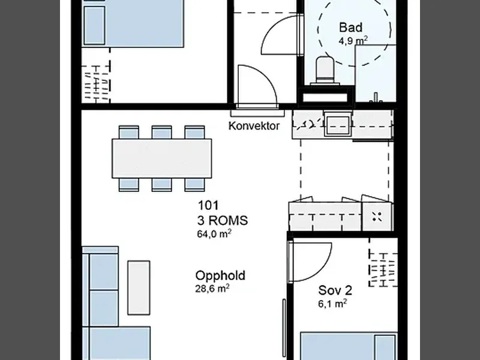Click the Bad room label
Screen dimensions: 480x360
coord(350,27)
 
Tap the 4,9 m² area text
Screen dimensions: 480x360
coord(353,41)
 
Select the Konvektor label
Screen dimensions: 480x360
coord(254,126)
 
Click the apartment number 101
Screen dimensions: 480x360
coord(208,205)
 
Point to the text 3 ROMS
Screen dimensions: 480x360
coord(223,220)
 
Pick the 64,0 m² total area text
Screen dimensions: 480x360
coord(214,233)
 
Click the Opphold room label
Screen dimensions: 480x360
coord(220,275)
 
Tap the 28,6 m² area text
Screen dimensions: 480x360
coord(212,289)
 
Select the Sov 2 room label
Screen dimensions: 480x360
coord(335,290)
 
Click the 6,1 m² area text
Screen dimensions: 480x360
coord(332,304)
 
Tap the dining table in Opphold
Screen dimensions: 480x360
coord(161,158)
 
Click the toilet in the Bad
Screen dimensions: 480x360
coord(325,71)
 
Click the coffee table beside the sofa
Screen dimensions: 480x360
coord(139,287)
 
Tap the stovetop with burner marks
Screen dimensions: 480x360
coord(377,217)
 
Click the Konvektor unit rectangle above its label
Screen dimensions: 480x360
coord(257,113)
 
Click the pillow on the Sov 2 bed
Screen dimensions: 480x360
coord(385,348)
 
